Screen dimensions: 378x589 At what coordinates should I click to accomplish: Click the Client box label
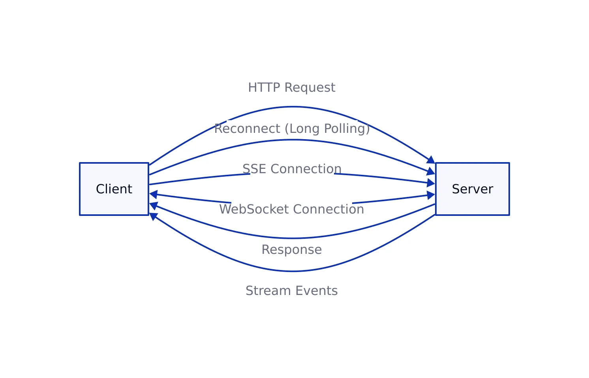coord(114,189)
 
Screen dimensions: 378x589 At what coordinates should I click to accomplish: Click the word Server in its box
coord(472,189)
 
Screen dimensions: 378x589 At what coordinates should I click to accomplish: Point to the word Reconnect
coord(247,129)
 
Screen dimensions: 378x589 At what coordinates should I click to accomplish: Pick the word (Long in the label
coord(302,129)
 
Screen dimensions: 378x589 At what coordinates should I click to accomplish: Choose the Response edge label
coord(292,249)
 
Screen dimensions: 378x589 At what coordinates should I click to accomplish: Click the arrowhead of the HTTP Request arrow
coord(431,160)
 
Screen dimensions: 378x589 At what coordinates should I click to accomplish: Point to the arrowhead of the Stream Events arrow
coord(153,216)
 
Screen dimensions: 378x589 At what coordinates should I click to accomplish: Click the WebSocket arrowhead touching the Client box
coord(154,195)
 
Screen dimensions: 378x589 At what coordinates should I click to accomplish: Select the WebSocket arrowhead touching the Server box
coord(431,195)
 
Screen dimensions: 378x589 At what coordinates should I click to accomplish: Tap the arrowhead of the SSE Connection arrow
coord(431,183)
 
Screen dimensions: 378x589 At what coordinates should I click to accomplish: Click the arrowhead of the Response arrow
coord(154,206)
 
